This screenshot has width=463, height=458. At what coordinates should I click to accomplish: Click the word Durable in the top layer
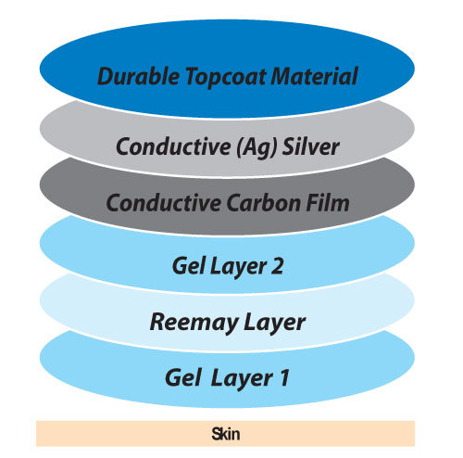click(x=138, y=76)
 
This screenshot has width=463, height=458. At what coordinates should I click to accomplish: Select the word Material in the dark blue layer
click(x=314, y=76)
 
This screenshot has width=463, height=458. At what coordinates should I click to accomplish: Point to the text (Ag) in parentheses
click(x=257, y=146)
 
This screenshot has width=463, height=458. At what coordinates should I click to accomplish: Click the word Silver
click(x=311, y=146)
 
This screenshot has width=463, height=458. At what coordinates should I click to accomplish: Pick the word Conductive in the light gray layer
click(x=173, y=146)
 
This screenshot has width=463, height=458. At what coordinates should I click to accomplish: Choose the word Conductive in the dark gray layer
click(x=164, y=203)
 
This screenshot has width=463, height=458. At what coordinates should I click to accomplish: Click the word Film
click(x=328, y=202)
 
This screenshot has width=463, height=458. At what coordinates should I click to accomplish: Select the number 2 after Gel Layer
click(x=277, y=266)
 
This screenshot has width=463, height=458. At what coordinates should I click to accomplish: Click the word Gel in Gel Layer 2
click(x=188, y=266)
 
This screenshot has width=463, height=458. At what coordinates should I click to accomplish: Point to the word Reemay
click(x=193, y=323)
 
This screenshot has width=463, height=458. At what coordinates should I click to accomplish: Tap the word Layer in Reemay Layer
click(x=274, y=324)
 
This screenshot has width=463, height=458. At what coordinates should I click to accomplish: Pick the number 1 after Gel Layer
click(x=284, y=377)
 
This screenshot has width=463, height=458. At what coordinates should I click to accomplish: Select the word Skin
click(x=226, y=434)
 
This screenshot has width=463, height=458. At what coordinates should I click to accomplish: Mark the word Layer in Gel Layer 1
click(x=243, y=378)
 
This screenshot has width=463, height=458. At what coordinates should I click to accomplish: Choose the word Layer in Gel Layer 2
click(x=238, y=267)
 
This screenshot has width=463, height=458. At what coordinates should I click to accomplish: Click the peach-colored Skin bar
click(x=225, y=434)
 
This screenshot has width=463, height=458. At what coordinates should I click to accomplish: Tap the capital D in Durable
click(x=105, y=76)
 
